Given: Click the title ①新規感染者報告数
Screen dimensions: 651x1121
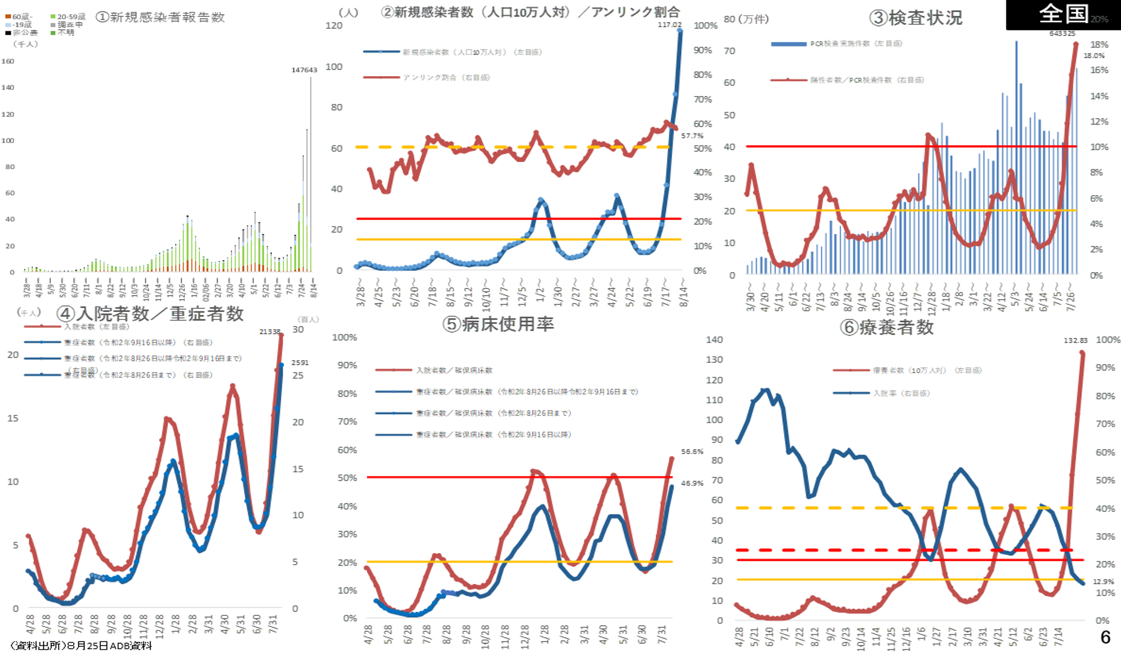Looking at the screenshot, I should point(161,17).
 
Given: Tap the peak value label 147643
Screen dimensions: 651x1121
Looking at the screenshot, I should point(304,70).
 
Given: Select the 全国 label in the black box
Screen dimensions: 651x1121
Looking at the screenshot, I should point(1064,14).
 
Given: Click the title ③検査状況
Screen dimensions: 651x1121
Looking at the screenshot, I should point(916,18).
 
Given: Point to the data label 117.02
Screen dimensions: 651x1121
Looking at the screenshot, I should point(670,25).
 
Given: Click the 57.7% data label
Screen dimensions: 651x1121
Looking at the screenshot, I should point(692,136).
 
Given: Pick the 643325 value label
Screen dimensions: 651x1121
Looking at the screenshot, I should point(1062,33).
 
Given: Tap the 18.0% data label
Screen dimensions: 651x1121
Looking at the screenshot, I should point(1094,56).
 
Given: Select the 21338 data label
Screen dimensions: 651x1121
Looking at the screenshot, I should point(270,332).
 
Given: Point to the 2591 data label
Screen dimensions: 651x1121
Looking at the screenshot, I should point(300,363).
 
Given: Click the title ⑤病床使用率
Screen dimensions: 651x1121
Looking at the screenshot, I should point(498,325).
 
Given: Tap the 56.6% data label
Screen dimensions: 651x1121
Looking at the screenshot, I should point(692,452).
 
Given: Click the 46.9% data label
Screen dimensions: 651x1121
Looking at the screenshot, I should point(692,483).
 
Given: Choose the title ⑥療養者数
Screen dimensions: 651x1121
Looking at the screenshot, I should point(887,328).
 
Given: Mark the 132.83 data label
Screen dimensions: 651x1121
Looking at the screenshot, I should point(1075,340).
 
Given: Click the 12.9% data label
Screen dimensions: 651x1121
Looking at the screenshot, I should point(1103,581).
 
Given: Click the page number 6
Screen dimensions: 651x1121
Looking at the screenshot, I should point(1105,637).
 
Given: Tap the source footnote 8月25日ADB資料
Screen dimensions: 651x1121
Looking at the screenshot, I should point(81,646).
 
